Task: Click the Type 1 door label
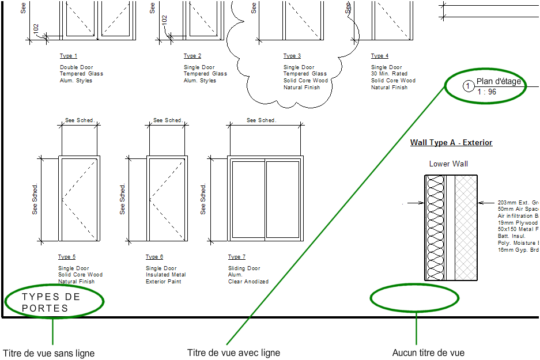click(69, 56)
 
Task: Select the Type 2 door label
click(192, 56)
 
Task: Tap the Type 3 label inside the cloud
click(292, 56)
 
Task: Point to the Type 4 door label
click(380, 56)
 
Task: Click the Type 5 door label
click(67, 257)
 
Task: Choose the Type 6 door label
click(154, 257)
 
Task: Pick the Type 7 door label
click(237, 257)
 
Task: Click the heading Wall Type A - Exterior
click(451, 142)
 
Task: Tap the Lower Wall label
click(448, 164)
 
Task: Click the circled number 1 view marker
click(468, 86)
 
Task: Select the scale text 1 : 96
click(486, 92)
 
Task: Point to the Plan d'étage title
click(499, 81)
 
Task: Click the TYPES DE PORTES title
click(51, 302)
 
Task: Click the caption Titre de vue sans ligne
click(48, 353)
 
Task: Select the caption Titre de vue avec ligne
click(233, 353)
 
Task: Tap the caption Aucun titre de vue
click(428, 353)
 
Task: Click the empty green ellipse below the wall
click(414, 298)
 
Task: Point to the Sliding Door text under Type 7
click(244, 268)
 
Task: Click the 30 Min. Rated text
click(389, 74)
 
